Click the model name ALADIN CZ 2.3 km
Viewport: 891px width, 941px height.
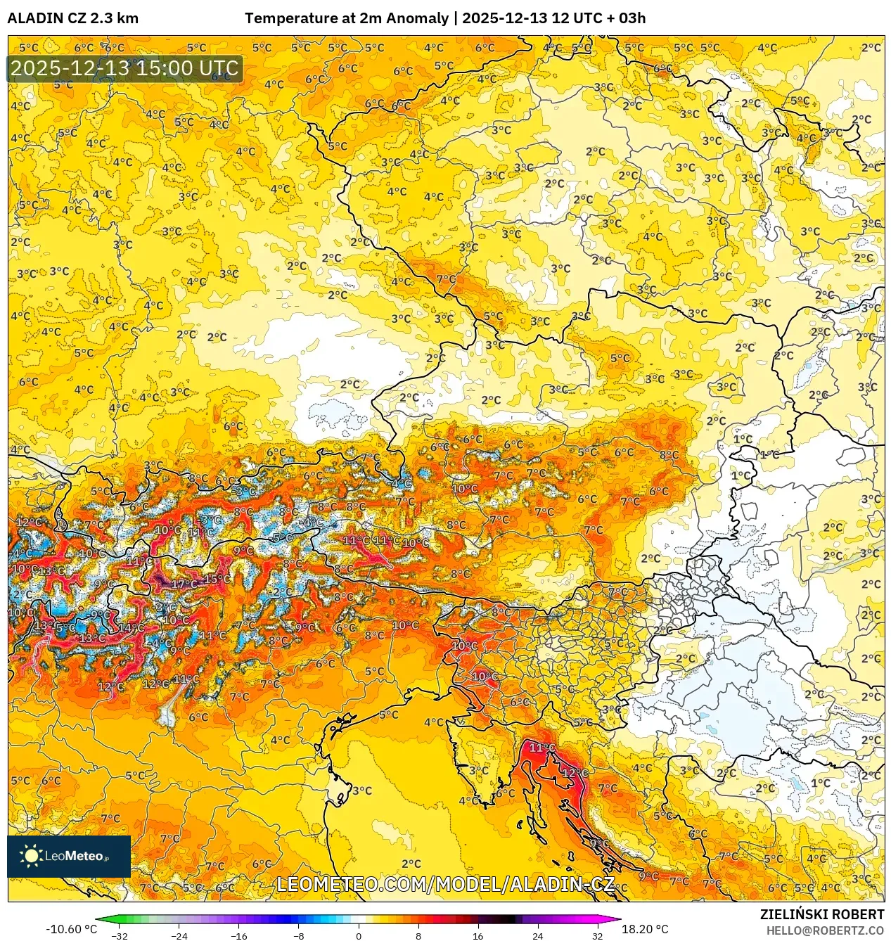(x=72, y=18)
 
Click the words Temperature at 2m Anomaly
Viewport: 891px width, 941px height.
(x=346, y=18)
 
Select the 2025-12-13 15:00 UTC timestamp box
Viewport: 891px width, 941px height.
(x=124, y=69)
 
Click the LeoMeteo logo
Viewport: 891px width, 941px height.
(x=68, y=856)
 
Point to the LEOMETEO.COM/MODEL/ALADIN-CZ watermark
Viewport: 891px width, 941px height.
(x=445, y=885)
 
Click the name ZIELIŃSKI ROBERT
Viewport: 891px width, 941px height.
(x=821, y=914)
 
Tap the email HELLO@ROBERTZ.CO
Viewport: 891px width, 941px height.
(x=824, y=930)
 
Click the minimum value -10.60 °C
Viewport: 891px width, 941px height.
(x=71, y=929)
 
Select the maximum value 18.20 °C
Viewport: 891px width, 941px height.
(x=644, y=929)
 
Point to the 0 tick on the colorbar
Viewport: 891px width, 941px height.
(x=359, y=936)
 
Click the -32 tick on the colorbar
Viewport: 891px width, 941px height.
(x=120, y=936)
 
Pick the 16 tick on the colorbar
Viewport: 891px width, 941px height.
(x=478, y=936)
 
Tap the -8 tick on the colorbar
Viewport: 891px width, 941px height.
(x=299, y=936)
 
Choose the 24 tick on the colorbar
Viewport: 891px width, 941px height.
(x=538, y=936)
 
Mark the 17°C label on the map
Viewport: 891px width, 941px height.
(x=184, y=584)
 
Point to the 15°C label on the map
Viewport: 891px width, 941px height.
(x=217, y=579)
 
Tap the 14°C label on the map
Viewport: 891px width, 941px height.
(x=131, y=628)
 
